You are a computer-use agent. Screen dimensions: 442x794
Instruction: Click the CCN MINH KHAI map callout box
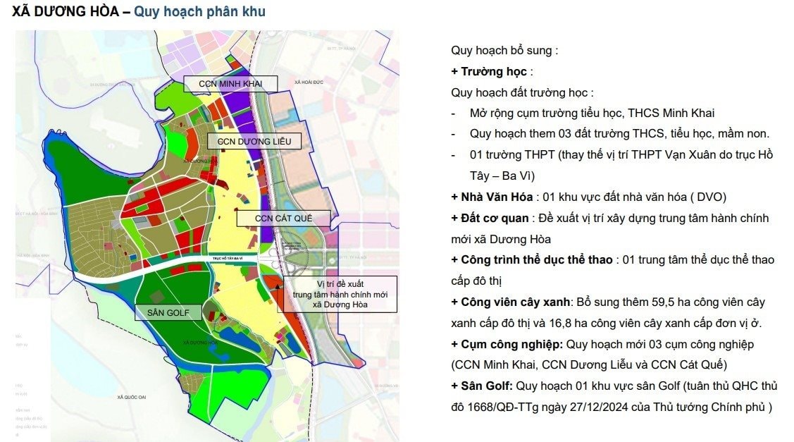coord(230,84)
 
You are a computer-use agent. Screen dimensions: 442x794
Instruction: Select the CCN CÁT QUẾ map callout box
coord(283,219)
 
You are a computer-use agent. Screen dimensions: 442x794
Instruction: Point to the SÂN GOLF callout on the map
coord(168,312)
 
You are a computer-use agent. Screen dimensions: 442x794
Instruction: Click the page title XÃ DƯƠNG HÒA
coord(65,12)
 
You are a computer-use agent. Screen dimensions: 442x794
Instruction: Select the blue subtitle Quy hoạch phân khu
coord(199,12)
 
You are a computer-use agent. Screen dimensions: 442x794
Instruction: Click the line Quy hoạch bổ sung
coord(504,51)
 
